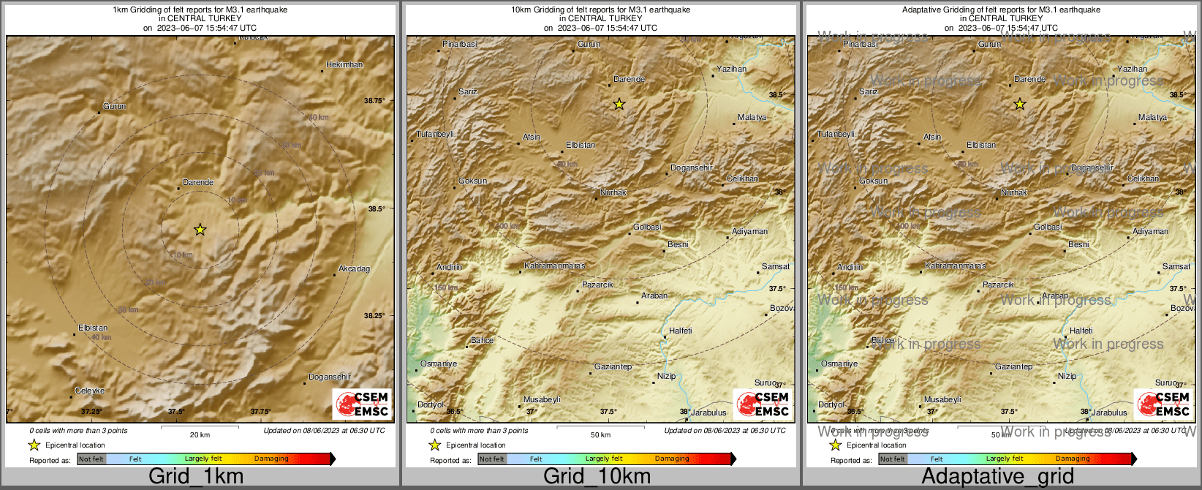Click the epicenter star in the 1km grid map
coord(200,230)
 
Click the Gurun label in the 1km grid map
coord(114,106)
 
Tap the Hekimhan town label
coord(344,64)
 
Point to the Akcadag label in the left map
coord(354,268)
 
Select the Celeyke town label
coord(90,391)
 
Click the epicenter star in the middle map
coord(619,104)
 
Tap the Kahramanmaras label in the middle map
coord(554,266)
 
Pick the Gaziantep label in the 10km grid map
coord(613,366)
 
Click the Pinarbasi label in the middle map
coord(460,45)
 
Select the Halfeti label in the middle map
coord(680,331)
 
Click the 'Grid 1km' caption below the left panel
coord(196,476)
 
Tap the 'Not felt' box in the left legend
coord(91,459)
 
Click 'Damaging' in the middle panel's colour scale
coord(672,459)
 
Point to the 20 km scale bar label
coord(200,434)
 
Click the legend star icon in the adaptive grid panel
coord(835,445)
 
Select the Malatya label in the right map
coord(1152,117)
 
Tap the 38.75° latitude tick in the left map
coord(374,100)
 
